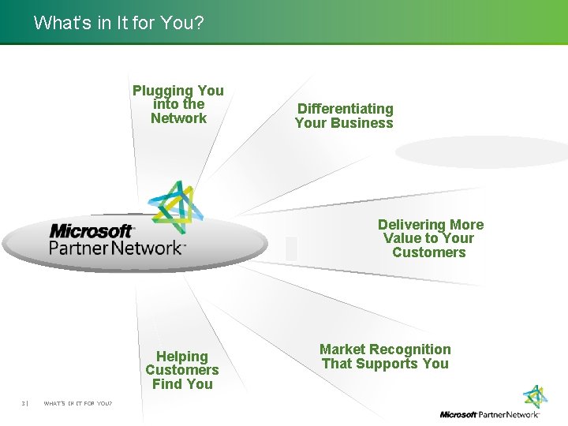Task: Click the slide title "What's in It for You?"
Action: (x=118, y=23)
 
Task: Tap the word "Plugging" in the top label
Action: (x=162, y=91)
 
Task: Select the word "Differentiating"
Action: (x=345, y=109)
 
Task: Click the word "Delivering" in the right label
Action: (x=413, y=225)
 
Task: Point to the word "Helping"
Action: (x=181, y=357)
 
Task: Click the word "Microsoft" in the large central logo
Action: (x=92, y=231)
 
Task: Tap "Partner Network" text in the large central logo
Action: (x=117, y=248)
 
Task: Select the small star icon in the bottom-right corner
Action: (x=536, y=397)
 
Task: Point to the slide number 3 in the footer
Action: (x=24, y=404)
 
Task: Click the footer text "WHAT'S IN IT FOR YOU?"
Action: (x=77, y=404)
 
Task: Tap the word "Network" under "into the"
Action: (x=178, y=118)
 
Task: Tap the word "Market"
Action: (x=341, y=349)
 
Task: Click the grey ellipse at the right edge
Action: (x=481, y=151)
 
